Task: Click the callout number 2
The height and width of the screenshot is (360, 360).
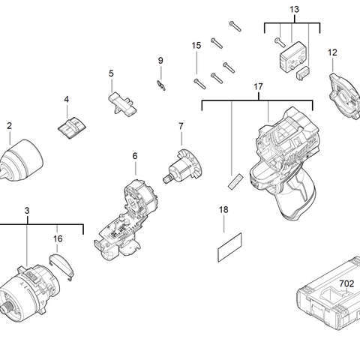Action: tap(10, 126)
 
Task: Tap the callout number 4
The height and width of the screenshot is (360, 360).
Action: tap(66, 99)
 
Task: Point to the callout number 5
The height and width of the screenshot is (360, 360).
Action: tap(111, 73)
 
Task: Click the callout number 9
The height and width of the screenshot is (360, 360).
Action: tap(160, 60)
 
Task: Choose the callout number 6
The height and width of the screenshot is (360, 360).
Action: tap(135, 156)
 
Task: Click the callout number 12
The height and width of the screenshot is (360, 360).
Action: tap(332, 52)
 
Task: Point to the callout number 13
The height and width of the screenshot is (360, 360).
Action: tap(294, 9)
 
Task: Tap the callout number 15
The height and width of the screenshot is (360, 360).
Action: tap(196, 46)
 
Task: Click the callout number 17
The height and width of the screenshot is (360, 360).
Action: tap(259, 87)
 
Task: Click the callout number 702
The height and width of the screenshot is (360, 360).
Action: tap(346, 283)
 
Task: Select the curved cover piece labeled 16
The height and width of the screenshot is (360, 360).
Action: tap(61, 264)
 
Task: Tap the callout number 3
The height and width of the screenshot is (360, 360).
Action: tap(27, 211)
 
